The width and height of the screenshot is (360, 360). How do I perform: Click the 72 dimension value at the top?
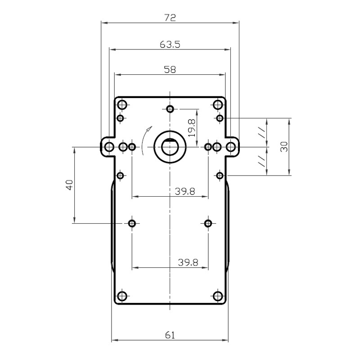170,18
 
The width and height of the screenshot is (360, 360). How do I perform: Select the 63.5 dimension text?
170,44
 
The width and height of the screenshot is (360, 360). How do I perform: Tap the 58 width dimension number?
170,70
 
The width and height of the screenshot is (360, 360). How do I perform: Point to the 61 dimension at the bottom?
170,335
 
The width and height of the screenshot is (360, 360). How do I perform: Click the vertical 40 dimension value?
69,185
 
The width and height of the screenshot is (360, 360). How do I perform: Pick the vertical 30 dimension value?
284,147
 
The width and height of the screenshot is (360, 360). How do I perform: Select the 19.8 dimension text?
192,128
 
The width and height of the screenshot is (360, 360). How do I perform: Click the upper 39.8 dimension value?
185,191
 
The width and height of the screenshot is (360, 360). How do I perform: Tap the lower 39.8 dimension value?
188,262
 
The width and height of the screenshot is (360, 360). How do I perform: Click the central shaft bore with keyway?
170,147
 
